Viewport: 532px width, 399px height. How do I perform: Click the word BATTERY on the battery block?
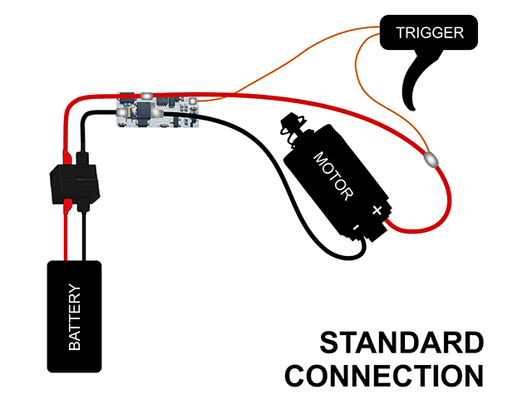[x=74, y=317]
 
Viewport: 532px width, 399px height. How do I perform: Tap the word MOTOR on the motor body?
[x=333, y=175]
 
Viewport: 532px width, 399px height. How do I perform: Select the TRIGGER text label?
[x=429, y=34]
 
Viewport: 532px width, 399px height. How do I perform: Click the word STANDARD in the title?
[x=401, y=343]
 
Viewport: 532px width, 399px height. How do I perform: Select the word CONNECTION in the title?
[x=384, y=375]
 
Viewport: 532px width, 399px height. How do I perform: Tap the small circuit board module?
[x=158, y=110]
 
